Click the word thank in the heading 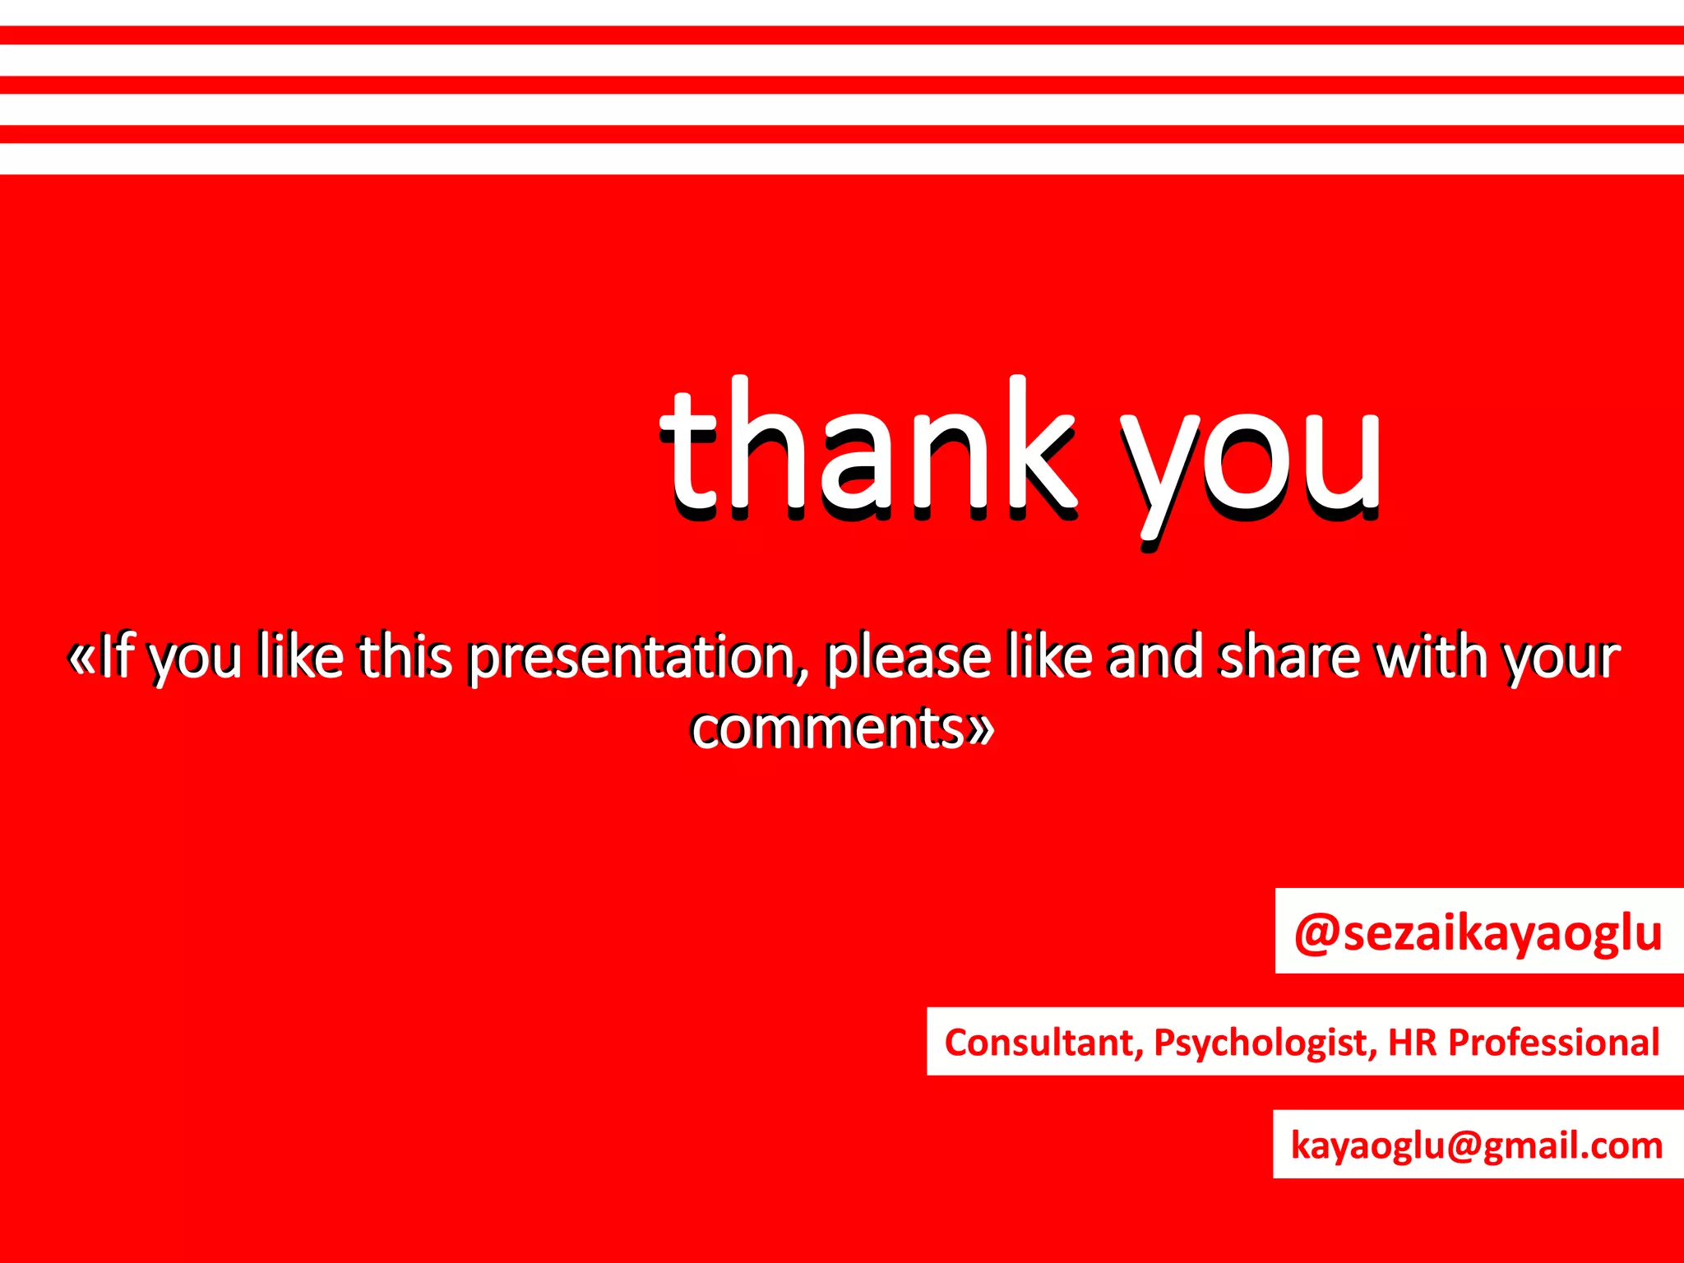(867, 448)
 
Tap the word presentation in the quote (631, 658)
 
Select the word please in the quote (908, 658)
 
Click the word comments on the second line (826, 728)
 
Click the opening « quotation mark (81, 658)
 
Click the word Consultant (1043, 1043)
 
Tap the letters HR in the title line (1412, 1042)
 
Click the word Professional (1553, 1042)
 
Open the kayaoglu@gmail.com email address (1477, 1145)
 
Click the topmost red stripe (842, 35)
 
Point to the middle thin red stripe (842, 85)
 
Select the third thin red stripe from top (842, 134)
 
